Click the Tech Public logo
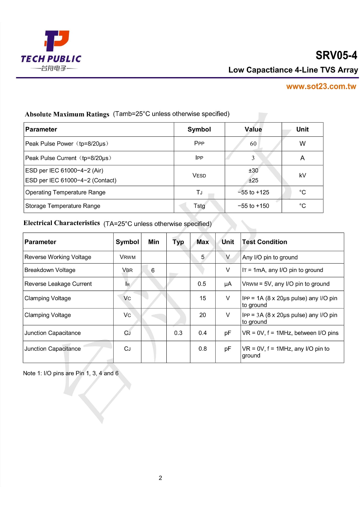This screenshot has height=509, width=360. point(51,51)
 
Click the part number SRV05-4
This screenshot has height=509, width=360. point(336,56)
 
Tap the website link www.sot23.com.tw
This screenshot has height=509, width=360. point(321,87)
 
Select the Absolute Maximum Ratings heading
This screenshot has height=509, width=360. point(67,114)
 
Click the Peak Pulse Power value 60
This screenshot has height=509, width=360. point(253,144)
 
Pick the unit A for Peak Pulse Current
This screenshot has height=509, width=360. point(302,158)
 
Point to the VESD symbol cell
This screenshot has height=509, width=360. point(199,175)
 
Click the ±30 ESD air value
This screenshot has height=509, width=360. point(253,170)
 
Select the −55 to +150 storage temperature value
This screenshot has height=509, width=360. point(253,206)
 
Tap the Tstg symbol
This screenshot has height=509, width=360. point(199,206)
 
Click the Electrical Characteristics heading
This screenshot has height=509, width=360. point(61,223)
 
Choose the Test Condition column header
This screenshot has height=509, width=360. point(265,242)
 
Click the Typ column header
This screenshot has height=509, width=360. point(178,242)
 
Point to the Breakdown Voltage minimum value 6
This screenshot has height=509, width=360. point(153,270)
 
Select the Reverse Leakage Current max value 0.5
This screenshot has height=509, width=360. point(202,284)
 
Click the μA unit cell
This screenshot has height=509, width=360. point(228,284)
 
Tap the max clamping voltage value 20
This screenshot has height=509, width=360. point(202,315)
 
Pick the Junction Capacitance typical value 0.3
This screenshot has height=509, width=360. point(178,333)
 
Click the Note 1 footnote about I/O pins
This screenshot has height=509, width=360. point(71,373)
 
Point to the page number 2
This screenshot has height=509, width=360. point(160,478)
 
